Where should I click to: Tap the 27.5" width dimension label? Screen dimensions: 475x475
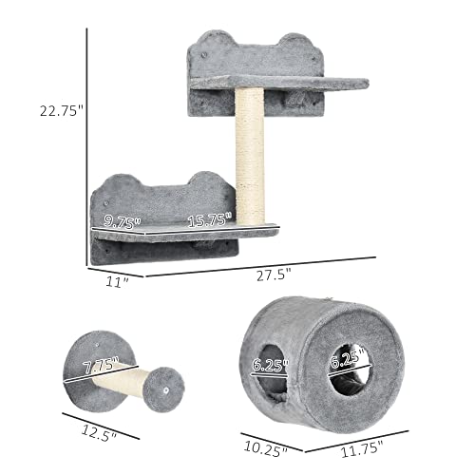(x=275, y=273)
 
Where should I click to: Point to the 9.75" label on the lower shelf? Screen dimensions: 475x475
(x=123, y=221)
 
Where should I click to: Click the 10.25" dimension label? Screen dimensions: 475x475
(x=261, y=445)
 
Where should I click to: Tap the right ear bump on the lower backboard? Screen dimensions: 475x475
(x=204, y=180)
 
